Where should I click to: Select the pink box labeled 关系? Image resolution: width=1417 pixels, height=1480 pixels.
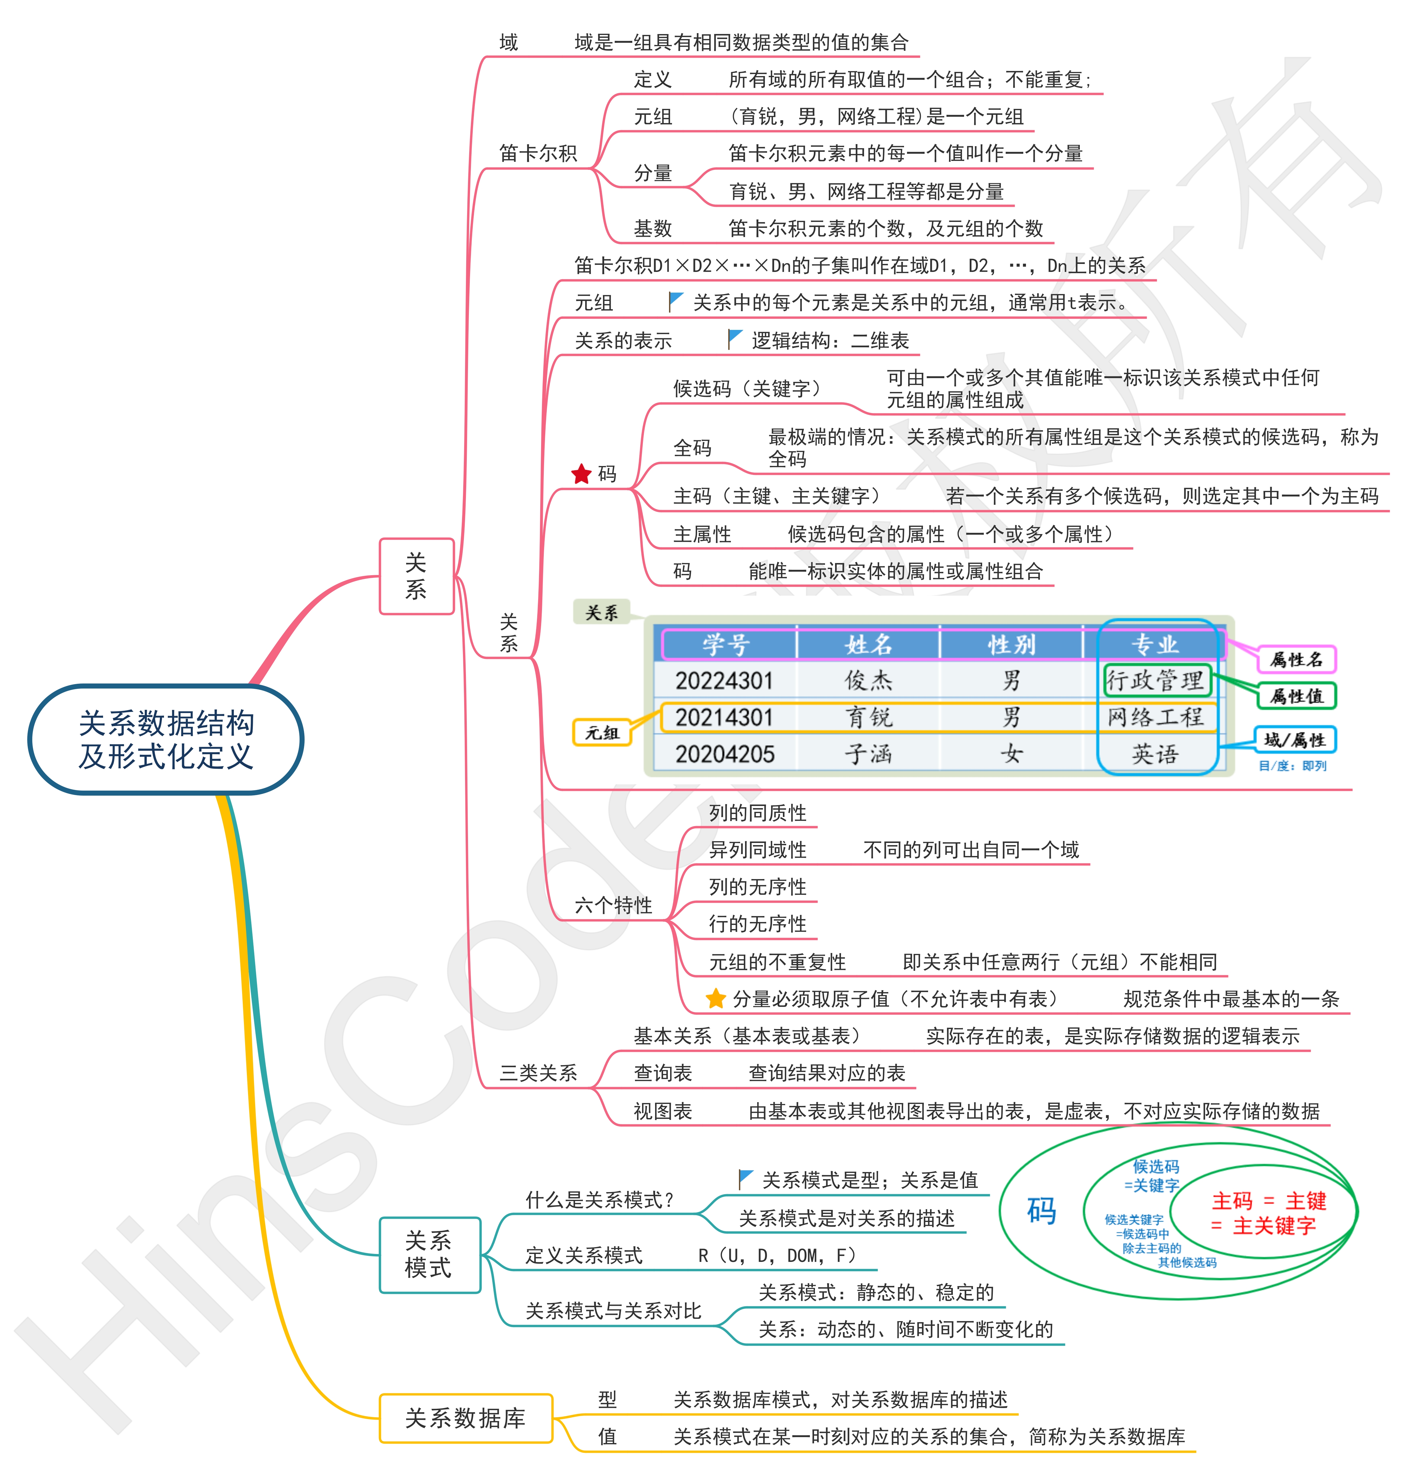click(416, 576)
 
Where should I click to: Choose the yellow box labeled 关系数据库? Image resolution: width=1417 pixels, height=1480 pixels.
click(465, 1418)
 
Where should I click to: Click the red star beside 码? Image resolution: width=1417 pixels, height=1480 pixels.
click(581, 474)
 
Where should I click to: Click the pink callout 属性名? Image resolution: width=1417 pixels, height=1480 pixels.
click(1296, 659)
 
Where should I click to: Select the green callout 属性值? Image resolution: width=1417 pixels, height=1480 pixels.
click(1296, 695)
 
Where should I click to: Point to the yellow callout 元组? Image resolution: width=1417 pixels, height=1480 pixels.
click(602, 732)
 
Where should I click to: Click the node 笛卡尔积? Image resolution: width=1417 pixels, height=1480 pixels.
click(538, 153)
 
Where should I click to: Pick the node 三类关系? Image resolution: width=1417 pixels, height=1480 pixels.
click(538, 1073)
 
